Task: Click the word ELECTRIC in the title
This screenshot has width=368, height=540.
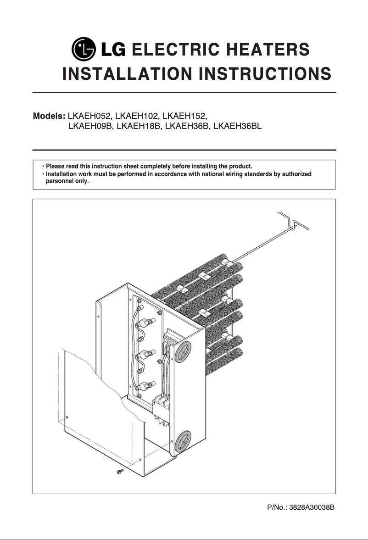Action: tap(175, 50)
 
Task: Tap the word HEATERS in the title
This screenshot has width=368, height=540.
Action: tap(268, 50)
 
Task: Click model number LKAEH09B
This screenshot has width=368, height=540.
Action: tap(90, 126)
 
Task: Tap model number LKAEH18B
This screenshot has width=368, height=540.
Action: tap(139, 126)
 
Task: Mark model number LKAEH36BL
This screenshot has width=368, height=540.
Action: tap(237, 126)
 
